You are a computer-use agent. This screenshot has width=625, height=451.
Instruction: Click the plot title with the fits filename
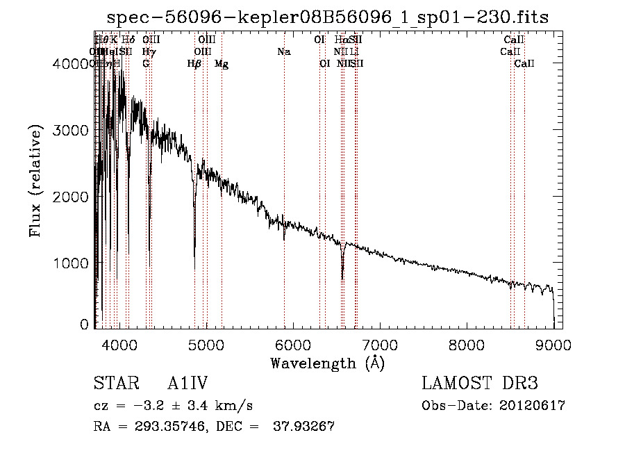[x=328, y=18]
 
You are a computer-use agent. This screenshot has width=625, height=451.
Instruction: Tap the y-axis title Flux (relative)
[x=35, y=181]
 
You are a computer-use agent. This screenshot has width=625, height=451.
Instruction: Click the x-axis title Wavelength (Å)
[x=327, y=363]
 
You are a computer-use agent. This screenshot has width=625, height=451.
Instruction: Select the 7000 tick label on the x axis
[x=380, y=344]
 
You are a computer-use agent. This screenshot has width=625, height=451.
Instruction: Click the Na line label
[x=283, y=52]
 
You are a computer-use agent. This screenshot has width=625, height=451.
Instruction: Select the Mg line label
[x=222, y=64]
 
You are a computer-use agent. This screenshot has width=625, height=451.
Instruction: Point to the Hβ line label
[x=194, y=64]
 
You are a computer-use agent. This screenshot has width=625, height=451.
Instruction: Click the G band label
[x=146, y=64]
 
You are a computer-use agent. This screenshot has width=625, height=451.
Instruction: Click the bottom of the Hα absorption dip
[x=342, y=278]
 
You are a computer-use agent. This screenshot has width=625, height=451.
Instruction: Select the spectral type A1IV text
[x=187, y=384]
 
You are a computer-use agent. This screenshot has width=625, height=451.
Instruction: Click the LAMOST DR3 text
[x=479, y=384]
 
